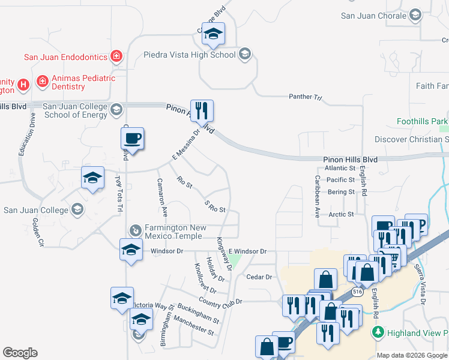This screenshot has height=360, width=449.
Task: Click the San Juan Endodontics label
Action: point(65,58)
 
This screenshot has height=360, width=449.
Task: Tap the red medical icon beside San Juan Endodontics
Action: point(117,57)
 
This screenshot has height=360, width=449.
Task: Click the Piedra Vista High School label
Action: point(190,55)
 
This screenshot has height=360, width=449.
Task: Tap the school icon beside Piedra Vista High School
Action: point(244,55)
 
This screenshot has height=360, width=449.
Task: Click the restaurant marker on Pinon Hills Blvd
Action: point(202,110)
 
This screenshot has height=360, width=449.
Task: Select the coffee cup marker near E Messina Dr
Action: point(132,139)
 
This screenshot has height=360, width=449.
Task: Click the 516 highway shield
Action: point(358,292)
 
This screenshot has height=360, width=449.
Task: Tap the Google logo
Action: point(20,353)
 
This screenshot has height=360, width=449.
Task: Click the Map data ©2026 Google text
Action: point(412,355)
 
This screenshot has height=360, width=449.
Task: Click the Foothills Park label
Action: point(418,121)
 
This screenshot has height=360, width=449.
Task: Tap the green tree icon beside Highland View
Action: point(378,332)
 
